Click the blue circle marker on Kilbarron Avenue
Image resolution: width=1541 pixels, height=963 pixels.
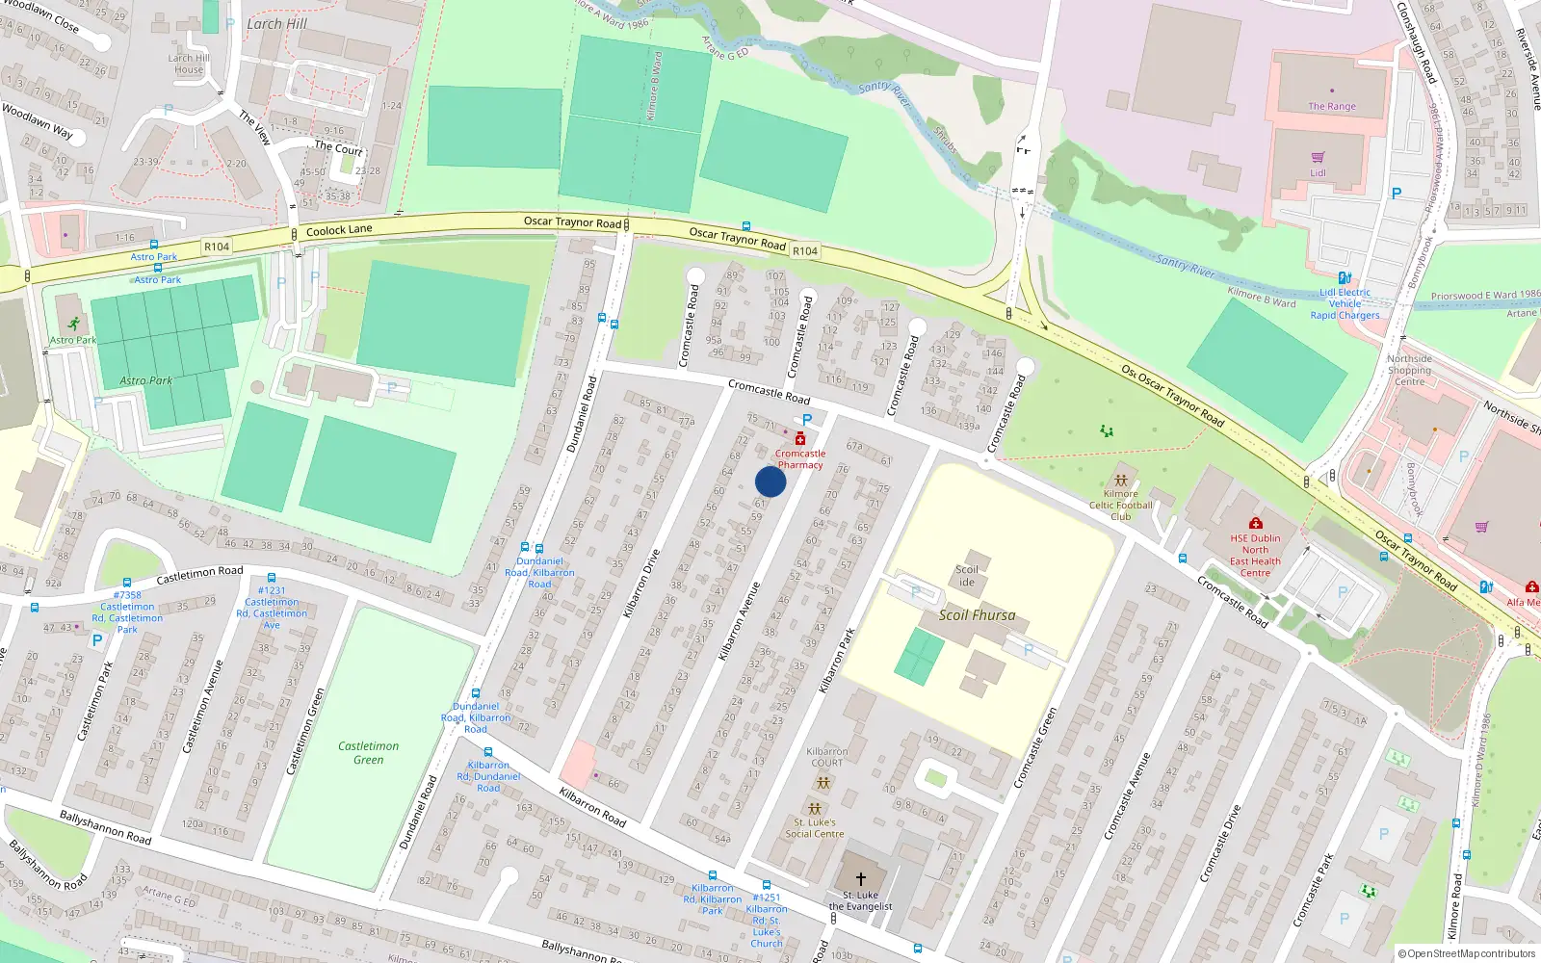(x=770, y=481)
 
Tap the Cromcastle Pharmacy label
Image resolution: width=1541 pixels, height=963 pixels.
(x=800, y=459)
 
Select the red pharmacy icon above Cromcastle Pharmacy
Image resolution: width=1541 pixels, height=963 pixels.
(x=799, y=439)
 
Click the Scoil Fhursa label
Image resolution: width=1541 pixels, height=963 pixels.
(x=977, y=615)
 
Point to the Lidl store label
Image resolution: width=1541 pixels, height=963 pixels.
(x=1318, y=173)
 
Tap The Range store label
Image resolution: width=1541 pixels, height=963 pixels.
(x=1331, y=107)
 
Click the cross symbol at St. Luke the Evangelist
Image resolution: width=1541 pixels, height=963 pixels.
(x=860, y=878)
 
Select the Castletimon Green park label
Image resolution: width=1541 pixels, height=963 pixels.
(x=368, y=753)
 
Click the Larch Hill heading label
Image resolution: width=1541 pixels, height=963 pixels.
(x=276, y=24)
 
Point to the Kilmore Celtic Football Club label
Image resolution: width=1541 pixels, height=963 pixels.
(x=1120, y=505)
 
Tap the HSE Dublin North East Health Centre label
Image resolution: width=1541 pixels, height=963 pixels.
(x=1255, y=556)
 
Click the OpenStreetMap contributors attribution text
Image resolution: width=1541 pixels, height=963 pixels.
(x=1466, y=953)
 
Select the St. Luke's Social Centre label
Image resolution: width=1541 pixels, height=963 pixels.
(x=814, y=828)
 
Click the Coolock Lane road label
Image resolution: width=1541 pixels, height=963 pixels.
(x=339, y=230)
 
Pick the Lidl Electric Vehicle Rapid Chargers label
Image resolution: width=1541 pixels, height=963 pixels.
(x=1345, y=303)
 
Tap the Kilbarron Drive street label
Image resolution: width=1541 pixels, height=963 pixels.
(x=641, y=584)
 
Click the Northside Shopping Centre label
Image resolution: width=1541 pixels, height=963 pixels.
(x=1409, y=370)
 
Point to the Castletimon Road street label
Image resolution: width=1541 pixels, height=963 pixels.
(x=199, y=575)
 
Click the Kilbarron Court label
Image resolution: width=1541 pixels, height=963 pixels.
(x=826, y=757)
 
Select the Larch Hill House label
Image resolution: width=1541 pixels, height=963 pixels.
(x=188, y=64)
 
